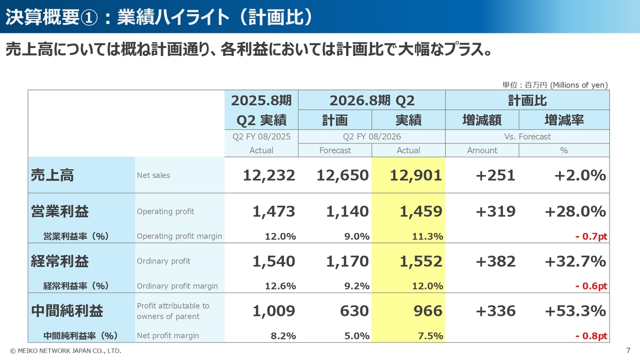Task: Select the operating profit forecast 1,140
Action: [x=347, y=211]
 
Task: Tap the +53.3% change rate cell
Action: [x=575, y=311]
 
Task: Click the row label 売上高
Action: [x=52, y=175]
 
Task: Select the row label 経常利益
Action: [x=60, y=261]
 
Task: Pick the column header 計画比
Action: [x=527, y=100]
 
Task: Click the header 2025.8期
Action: [x=261, y=100]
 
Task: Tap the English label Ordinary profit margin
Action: [x=177, y=286]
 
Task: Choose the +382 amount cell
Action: [x=495, y=261]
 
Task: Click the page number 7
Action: [x=628, y=350]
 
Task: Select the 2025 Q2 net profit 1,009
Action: [x=273, y=311]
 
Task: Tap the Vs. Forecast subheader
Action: [x=527, y=136]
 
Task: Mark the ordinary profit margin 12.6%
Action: [x=280, y=286]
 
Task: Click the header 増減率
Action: [x=564, y=120]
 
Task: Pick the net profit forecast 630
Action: [x=354, y=311]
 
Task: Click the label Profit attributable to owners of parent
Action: [x=173, y=311]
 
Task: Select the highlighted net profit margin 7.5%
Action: [x=430, y=336]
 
